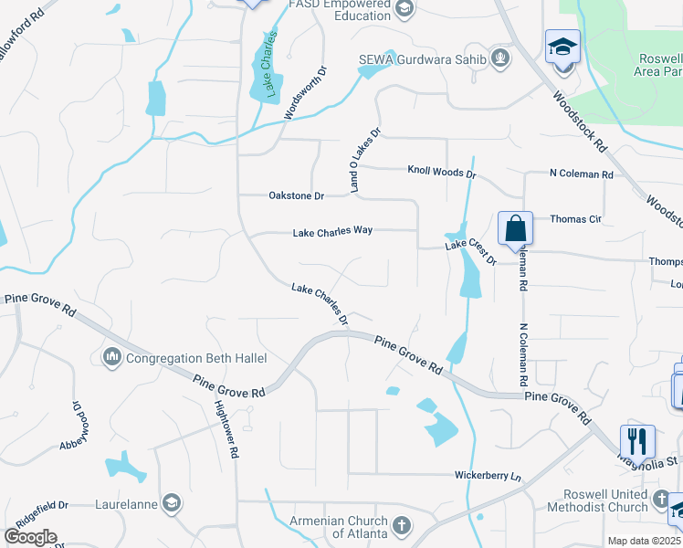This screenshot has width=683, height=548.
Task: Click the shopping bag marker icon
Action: (515, 227)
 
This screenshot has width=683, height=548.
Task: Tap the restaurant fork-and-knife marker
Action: (637, 441)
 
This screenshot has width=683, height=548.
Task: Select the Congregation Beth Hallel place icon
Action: (113, 355)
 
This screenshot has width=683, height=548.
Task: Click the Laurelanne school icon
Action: (171, 502)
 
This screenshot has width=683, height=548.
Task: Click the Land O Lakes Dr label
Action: (363, 159)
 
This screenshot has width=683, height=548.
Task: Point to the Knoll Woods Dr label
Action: (442, 172)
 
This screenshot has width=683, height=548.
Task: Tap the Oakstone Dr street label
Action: (297, 195)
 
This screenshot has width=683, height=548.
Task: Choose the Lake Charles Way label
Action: (332, 232)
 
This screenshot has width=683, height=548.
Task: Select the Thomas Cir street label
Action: (575, 219)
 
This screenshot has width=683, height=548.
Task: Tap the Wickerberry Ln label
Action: (488, 476)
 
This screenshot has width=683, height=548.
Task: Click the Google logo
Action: (30, 537)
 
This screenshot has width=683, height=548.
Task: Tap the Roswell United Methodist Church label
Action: (605, 501)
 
